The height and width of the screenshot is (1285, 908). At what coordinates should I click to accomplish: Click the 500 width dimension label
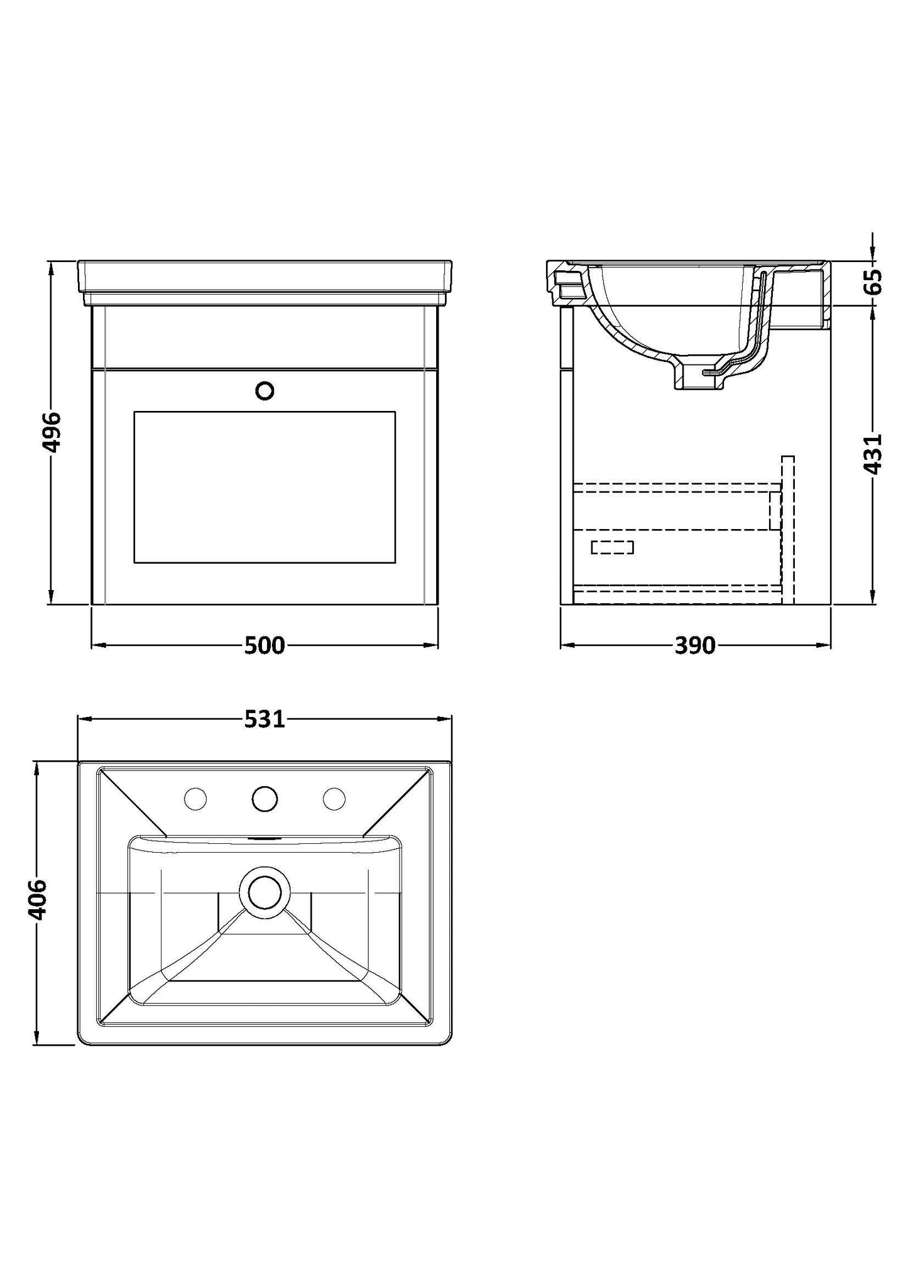click(265, 645)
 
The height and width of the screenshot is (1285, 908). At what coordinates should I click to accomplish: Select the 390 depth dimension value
click(696, 645)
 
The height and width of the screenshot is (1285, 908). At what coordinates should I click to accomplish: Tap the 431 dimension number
click(873, 452)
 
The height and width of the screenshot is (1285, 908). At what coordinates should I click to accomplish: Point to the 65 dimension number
click(873, 281)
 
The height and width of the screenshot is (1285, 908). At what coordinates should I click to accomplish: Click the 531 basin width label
click(265, 719)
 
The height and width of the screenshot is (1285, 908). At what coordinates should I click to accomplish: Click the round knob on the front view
click(265, 391)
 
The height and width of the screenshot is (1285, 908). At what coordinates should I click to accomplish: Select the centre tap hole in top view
click(265, 799)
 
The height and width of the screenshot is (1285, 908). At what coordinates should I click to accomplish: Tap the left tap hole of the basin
click(195, 799)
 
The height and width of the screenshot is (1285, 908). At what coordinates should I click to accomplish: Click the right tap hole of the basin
click(334, 799)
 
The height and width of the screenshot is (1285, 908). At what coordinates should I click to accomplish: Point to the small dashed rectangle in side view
click(613, 547)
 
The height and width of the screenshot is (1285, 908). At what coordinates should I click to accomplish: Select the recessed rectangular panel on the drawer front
click(265, 488)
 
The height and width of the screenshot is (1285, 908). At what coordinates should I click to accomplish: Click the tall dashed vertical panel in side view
click(788, 530)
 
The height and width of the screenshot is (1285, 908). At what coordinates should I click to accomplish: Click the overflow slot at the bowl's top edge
click(265, 838)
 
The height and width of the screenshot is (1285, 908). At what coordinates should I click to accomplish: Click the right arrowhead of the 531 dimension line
click(444, 719)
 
